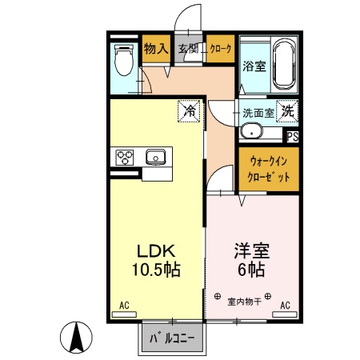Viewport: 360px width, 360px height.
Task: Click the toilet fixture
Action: (124, 59)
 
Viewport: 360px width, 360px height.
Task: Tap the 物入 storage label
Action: (156, 48)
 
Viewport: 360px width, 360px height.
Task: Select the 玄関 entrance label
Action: (188, 48)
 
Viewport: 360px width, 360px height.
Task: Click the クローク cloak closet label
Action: (220, 48)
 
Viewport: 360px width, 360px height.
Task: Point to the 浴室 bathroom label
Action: (254, 67)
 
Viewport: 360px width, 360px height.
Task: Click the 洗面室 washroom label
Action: (257, 112)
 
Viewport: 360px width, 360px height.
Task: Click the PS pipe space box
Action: (291, 136)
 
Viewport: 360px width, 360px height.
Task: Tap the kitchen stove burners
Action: (126, 157)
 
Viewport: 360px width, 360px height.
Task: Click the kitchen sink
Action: (155, 156)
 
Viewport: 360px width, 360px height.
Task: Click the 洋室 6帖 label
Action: (251, 258)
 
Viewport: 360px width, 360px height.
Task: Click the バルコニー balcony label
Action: (171, 338)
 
